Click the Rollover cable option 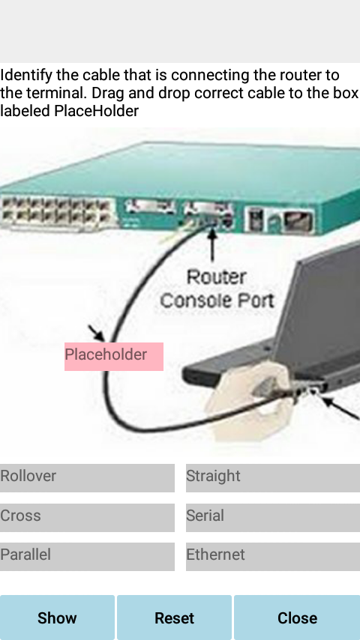87,477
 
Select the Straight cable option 273,477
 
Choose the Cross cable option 87,517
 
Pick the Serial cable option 273,517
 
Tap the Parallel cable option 87,556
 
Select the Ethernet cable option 273,556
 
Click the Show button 57,618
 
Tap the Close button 297,618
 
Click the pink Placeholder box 114,356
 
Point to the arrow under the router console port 212,245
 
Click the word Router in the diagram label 217,277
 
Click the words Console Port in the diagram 217,301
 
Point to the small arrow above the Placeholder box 97,333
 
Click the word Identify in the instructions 26,76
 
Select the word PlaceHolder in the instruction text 97,111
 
